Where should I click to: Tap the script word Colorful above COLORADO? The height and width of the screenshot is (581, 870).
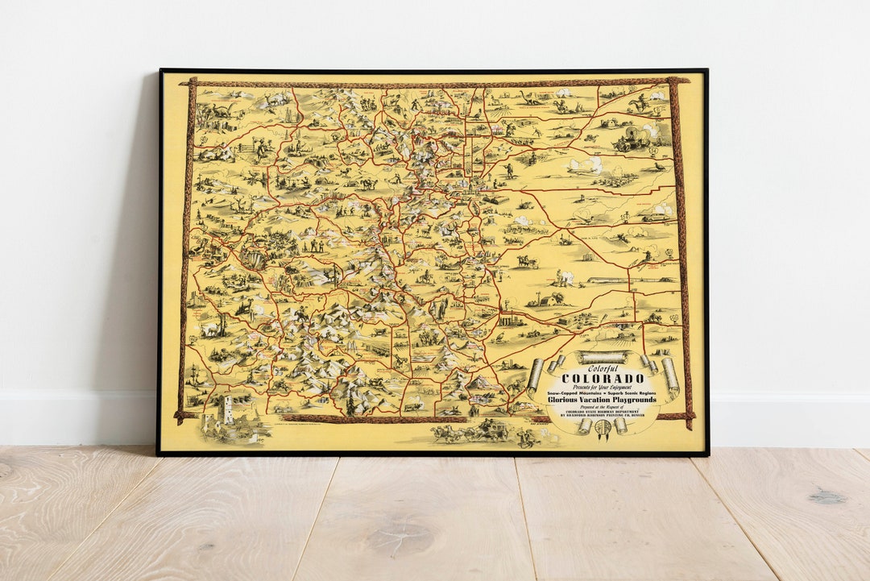click(x=602, y=369)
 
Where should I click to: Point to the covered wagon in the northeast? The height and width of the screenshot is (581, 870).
click(x=631, y=139)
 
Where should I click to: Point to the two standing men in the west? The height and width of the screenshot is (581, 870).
click(x=312, y=244)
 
